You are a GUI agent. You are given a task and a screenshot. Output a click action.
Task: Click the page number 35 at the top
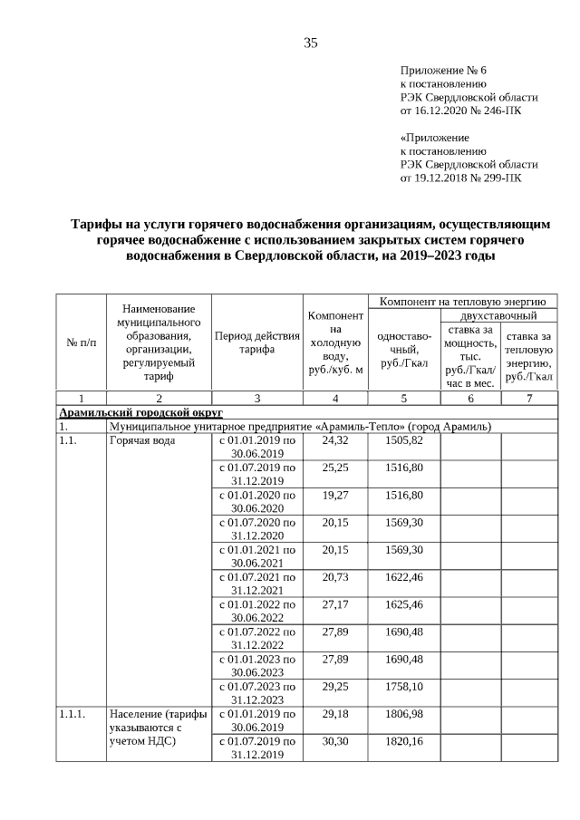coord(310,43)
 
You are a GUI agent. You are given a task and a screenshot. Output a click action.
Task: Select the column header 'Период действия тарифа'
coord(256,342)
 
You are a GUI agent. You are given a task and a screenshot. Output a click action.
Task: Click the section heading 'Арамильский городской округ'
coord(140,412)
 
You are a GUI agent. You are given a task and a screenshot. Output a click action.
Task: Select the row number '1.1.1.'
coord(72,714)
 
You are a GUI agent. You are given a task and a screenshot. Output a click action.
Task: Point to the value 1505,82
coord(403,440)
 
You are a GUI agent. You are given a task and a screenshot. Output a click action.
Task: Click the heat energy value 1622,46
coord(403,576)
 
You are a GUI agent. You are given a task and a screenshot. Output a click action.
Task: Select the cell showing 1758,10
coord(403,686)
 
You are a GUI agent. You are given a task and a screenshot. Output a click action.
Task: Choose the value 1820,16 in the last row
coord(403,741)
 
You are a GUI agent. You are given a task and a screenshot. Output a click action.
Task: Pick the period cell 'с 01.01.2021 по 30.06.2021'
coord(256,556)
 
